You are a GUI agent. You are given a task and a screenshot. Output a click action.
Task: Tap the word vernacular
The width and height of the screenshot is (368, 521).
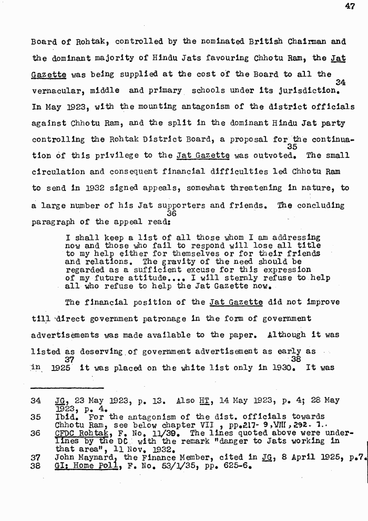click(x=55, y=90)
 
